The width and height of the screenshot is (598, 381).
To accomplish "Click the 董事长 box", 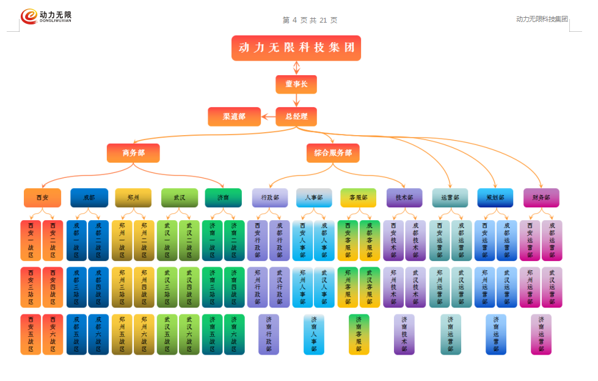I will (x=296, y=84).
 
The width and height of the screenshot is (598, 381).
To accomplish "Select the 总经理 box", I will (x=296, y=116).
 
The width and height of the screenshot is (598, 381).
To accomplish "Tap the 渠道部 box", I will (x=234, y=116).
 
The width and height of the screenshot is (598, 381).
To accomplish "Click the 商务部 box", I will (x=133, y=153).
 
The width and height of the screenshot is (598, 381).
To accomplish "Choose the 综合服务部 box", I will (x=333, y=153).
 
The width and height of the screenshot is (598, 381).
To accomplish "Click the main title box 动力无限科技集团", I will (x=296, y=48).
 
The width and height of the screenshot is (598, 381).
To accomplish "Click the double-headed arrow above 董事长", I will (x=296, y=67).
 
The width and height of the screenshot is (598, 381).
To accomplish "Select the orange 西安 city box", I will (x=42, y=198).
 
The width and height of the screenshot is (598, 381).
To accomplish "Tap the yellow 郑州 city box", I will (x=133, y=198).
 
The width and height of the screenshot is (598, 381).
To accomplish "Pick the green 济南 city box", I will (x=224, y=198).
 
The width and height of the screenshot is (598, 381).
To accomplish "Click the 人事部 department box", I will (x=314, y=198).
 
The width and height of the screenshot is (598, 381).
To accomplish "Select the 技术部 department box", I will (x=404, y=198).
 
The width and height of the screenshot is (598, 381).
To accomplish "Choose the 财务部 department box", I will (x=541, y=198).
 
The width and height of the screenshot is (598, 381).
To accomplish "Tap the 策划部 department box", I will (x=495, y=198).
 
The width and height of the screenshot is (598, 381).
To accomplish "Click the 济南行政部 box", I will (x=269, y=335).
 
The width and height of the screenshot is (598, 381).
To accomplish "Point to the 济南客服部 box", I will (x=359, y=335).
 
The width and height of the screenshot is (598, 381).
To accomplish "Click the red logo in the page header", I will (x=29, y=17).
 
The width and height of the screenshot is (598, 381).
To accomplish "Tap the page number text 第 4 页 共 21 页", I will (x=310, y=20).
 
